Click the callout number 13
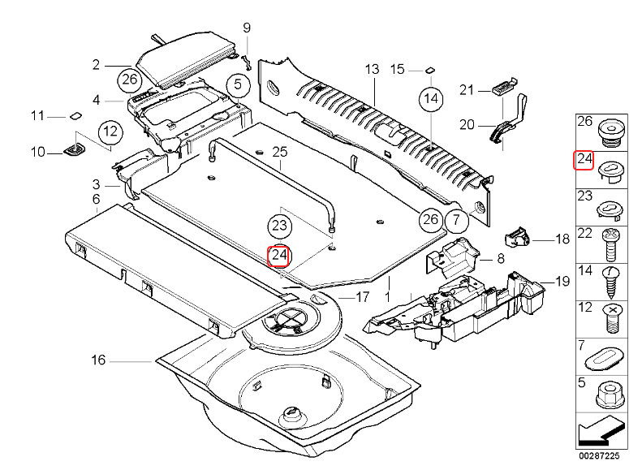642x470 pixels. pyautogui.click(x=372, y=69)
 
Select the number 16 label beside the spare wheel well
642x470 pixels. pyautogui.click(x=98, y=360)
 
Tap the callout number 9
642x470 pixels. pyautogui.click(x=247, y=29)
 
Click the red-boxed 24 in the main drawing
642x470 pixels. pyautogui.click(x=279, y=256)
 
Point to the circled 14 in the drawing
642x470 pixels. pyautogui.click(x=430, y=99)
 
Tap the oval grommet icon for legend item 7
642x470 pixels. pyautogui.click(x=609, y=357)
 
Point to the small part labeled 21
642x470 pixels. pyautogui.click(x=503, y=87)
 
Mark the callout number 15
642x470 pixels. pyautogui.click(x=397, y=69)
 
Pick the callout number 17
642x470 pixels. pyautogui.click(x=362, y=296)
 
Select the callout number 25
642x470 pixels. pyautogui.click(x=280, y=152)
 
